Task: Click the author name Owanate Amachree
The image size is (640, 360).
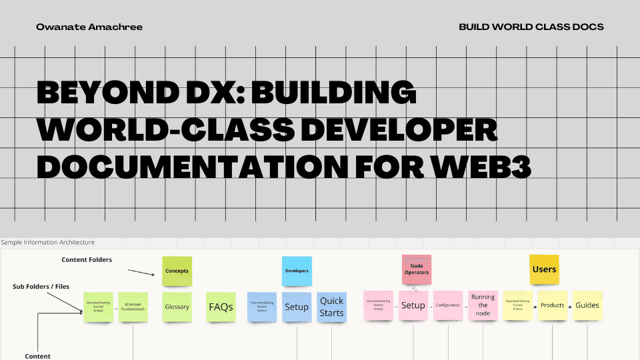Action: click(x=89, y=27)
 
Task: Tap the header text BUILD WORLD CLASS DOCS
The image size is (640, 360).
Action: click(x=531, y=27)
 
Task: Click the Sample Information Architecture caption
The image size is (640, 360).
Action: click(x=48, y=242)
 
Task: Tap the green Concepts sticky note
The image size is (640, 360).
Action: click(x=177, y=271)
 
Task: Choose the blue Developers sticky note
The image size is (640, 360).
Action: click(x=297, y=271)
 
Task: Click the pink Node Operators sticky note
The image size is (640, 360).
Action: click(x=417, y=268)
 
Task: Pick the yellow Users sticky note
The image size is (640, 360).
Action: click(x=544, y=269)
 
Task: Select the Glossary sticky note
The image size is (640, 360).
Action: click(x=177, y=307)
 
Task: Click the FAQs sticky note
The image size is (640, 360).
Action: click(x=221, y=307)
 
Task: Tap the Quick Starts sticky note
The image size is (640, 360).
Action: click(x=331, y=307)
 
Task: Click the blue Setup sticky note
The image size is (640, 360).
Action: click(x=297, y=307)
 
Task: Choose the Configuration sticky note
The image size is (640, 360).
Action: click(x=448, y=305)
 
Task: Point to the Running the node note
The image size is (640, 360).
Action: click(x=483, y=305)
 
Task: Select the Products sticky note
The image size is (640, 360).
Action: click(x=553, y=305)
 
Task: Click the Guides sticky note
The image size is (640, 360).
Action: click(x=587, y=305)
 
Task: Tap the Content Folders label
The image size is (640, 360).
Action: click(x=87, y=259)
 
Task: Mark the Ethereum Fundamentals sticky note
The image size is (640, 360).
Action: click(x=133, y=307)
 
